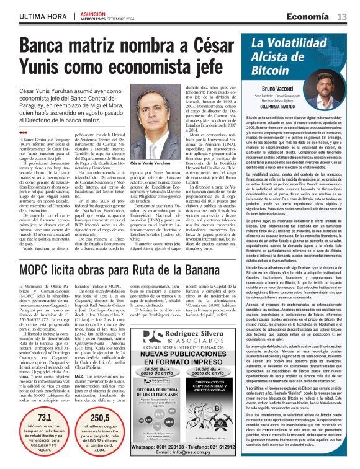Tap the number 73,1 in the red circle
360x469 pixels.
(x=45, y=418)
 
